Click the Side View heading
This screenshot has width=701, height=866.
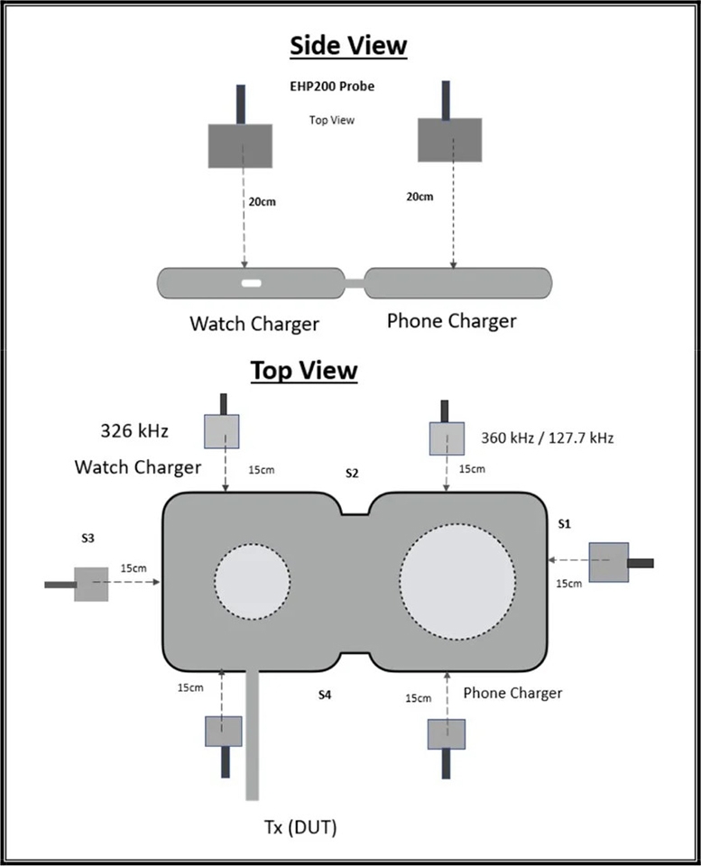click(347, 45)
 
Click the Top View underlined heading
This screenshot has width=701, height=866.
click(303, 370)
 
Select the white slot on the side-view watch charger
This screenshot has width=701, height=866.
click(251, 283)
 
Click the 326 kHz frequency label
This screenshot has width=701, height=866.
click(134, 430)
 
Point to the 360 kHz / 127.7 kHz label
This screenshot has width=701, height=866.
click(544, 438)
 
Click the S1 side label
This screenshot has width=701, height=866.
click(565, 523)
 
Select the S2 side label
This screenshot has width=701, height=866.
click(352, 473)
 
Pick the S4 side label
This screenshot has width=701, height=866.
click(326, 695)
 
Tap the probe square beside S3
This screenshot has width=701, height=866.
click(91, 584)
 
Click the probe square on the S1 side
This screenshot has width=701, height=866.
click(608, 562)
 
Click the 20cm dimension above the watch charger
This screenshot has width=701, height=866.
click(262, 202)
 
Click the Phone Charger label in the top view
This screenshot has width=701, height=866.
click(512, 693)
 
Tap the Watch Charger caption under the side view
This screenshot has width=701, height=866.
click(254, 323)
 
